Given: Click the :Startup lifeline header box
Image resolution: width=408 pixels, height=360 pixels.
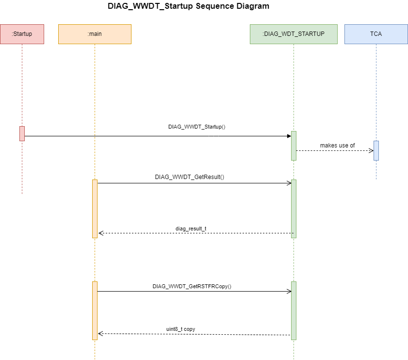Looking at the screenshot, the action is (22, 34).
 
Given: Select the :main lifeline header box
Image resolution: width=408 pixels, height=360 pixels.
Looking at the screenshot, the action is (95, 34).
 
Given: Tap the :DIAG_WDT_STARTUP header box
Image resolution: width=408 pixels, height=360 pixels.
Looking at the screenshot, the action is (294, 34).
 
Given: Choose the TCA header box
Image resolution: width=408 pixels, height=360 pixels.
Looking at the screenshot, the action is (376, 34).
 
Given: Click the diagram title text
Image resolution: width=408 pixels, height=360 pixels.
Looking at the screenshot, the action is (188, 6).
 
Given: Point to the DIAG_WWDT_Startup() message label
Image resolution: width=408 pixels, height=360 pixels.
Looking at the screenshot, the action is (196, 127).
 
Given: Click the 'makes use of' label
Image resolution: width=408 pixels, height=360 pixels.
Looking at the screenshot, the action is (337, 146).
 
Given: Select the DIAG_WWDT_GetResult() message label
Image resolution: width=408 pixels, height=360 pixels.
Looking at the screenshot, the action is (189, 177).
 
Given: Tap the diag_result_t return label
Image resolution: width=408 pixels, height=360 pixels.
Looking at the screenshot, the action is (191, 229).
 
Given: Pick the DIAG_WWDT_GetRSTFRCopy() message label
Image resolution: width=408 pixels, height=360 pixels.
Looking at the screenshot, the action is (192, 286).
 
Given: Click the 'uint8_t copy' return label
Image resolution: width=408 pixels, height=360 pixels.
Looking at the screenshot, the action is (180, 329).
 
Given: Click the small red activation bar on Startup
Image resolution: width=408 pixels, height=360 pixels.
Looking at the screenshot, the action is (22, 133).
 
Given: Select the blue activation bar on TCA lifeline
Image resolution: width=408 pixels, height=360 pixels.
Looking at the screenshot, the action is (376, 150).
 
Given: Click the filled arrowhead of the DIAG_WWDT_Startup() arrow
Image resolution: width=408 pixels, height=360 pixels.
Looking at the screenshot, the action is (289, 136).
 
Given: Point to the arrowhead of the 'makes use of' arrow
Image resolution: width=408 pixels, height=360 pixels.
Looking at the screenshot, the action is (371, 150).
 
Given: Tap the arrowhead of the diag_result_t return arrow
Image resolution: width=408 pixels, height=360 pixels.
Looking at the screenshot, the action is (101, 233).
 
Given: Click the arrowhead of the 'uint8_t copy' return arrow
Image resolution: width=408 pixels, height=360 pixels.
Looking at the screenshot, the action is (100, 333).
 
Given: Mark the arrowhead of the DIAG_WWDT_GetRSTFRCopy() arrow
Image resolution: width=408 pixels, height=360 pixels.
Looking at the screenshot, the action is (289, 291).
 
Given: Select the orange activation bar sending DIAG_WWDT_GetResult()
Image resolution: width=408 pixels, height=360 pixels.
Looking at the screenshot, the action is (95, 209).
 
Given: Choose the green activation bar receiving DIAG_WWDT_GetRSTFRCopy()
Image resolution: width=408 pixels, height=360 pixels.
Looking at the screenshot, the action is (294, 311).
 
